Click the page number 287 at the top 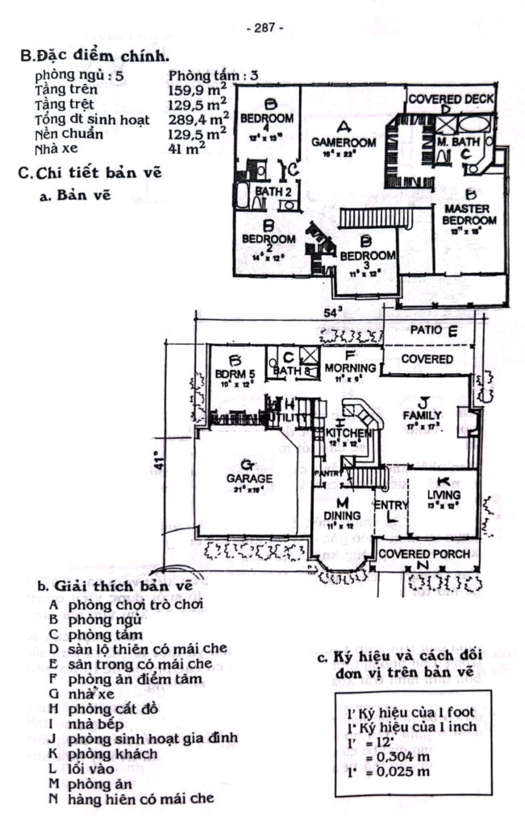264,27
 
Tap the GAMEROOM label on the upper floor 344,142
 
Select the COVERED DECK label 451,100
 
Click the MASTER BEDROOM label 470,215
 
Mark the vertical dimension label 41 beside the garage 160,462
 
